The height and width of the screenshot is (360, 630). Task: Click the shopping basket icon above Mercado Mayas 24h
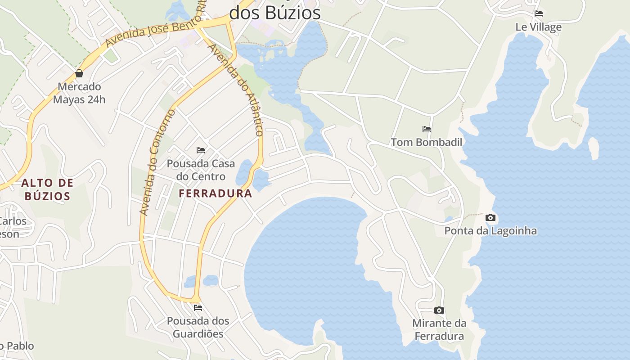click(x=79, y=73)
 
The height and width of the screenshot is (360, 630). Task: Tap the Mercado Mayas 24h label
click(x=79, y=93)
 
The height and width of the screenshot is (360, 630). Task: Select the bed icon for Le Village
click(x=539, y=13)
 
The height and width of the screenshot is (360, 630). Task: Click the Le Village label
click(x=539, y=27)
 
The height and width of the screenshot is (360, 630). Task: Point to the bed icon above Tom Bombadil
click(x=427, y=129)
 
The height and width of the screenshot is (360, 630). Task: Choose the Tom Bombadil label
click(x=427, y=142)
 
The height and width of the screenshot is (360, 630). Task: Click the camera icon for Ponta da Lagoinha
click(x=490, y=218)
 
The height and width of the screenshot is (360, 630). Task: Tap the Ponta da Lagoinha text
click(x=490, y=231)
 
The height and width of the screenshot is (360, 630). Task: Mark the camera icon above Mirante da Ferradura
click(x=439, y=310)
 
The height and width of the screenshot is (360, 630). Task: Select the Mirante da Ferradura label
click(x=439, y=329)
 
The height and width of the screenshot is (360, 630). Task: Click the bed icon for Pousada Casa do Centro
click(x=201, y=150)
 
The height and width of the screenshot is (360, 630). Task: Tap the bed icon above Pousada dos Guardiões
click(x=198, y=308)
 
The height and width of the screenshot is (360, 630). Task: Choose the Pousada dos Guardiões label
click(x=198, y=327)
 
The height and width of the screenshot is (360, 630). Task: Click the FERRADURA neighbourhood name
click(x=216, y=193)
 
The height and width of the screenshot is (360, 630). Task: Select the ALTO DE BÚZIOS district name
click(x=47, y=189)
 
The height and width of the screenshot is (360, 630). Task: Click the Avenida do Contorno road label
click(x=157, y=162)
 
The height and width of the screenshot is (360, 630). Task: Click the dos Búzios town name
click(x=275, y=13)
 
